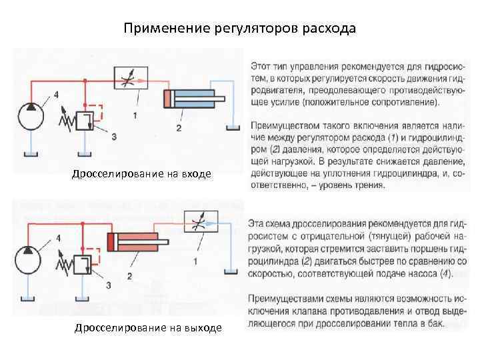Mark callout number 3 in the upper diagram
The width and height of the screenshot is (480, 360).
point(114,137)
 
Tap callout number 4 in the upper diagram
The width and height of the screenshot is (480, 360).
point(55,95)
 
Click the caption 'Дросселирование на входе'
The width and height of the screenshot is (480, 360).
point(141,174)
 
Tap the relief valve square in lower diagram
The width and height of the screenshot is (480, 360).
point(84,265)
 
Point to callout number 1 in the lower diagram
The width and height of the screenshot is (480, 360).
point(195,258)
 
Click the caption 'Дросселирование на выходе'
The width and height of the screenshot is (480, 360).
point(149,327)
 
